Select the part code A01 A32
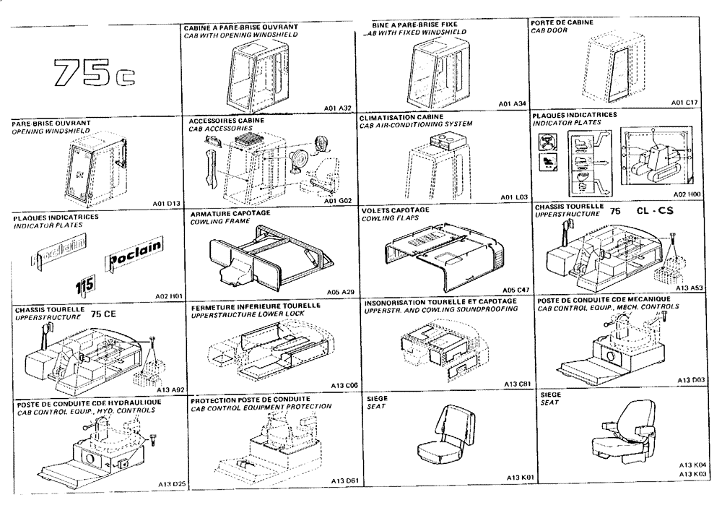(337, 108)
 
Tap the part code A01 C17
(684, 103)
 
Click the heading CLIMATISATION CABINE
(401, 116)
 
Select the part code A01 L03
(516, 197)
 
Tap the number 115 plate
(85, 283)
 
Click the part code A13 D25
(171, 483)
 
